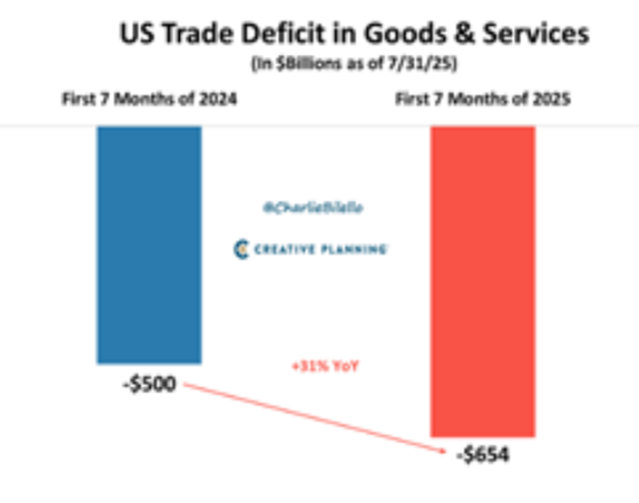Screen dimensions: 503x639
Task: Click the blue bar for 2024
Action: click(x=149, y=246)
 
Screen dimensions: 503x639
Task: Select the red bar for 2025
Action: click(x=483, y=281)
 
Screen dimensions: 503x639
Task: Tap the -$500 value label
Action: click(x=149, y=383)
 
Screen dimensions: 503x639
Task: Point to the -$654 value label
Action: click(x=483, y=455)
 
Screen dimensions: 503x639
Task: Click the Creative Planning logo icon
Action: click(x=240, y=250)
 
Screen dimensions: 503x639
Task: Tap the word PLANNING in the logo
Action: click(x=353, y=250)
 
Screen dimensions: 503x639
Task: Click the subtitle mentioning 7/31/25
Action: click(x=355, y=64)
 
